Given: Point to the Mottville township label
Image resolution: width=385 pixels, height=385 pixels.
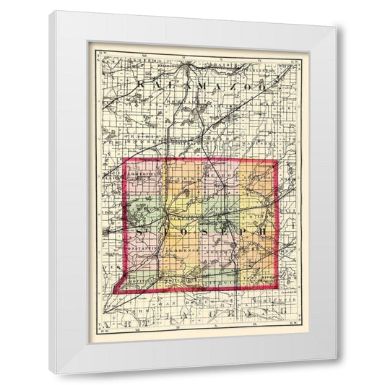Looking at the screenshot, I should [145, 277].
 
